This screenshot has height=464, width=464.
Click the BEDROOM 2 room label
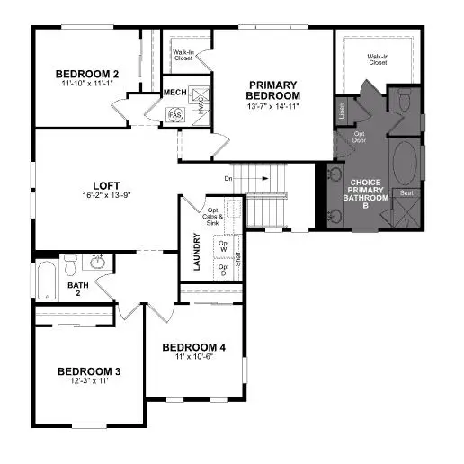tap(86, 74)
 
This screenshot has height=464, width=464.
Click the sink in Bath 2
tap(96, 262)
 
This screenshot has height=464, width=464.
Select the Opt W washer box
tap(225, 245)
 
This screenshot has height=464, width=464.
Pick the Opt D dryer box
tap(225, 269)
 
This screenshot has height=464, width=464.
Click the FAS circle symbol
tap(175, 114)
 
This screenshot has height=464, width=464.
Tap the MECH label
tap(174, 92)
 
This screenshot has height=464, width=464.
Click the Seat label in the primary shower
tap(406, 192)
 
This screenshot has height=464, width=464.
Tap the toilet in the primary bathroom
tap(403, 100)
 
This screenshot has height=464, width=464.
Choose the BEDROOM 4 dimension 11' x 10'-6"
tap(194, 357)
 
